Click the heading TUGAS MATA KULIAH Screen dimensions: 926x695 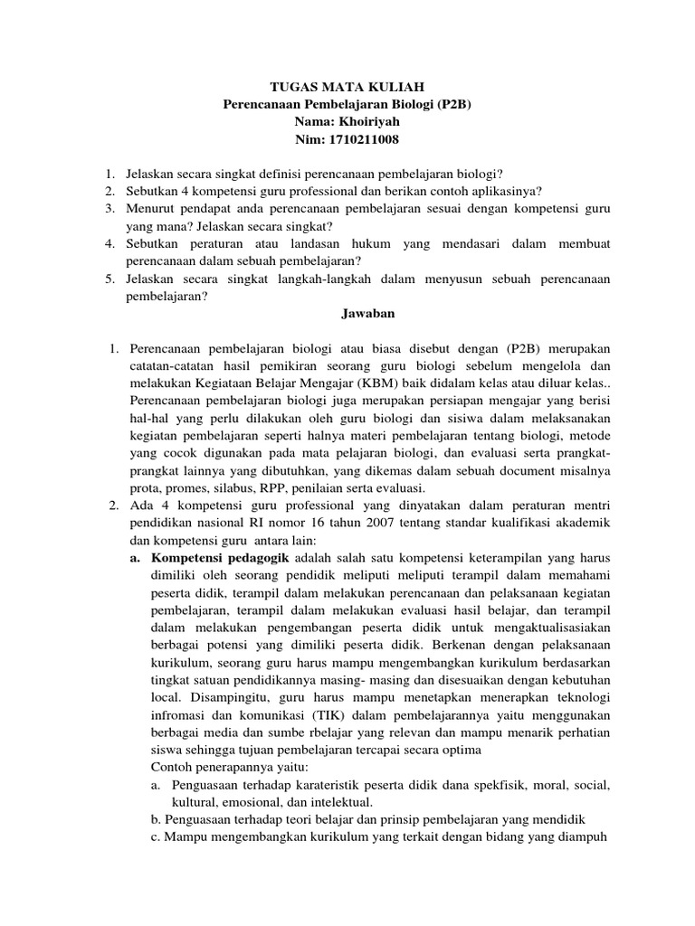pyautogui.click(x=347, y=87)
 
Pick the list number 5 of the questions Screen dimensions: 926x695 pyautogui.click(x=109, y=279)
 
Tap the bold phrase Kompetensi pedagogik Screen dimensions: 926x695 pyautogui.click(x=206, y=558)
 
